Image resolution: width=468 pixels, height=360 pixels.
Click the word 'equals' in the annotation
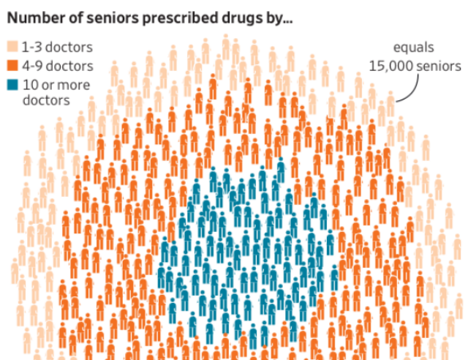pyautogui.click(x=414, y=48)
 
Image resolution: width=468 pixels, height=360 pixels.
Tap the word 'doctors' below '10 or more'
pyautogui.click(x=46, y=101)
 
